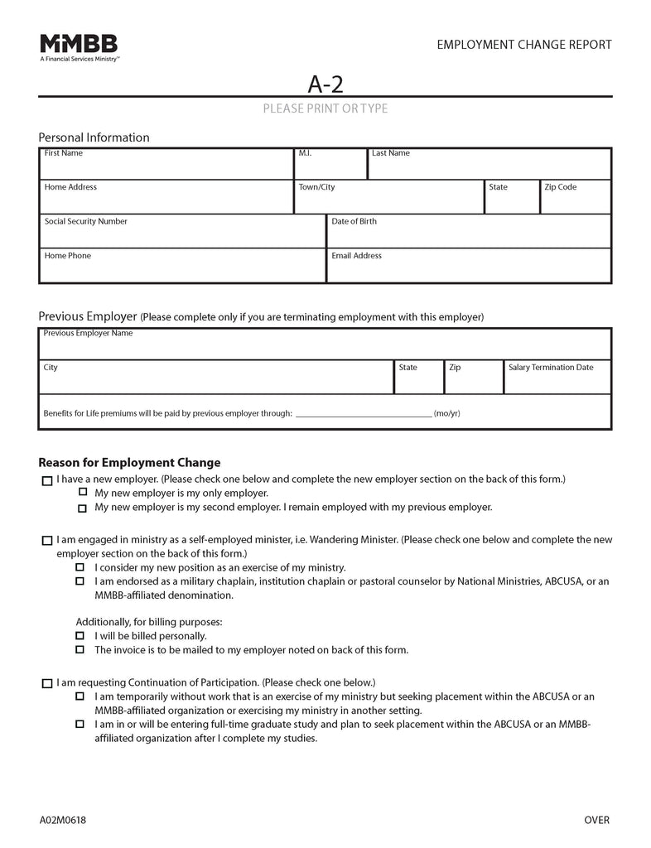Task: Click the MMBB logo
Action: (x=79, y=48)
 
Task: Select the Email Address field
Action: (x=469, y=267)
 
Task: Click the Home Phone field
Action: (x=182, y=267)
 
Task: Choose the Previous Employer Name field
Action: (x=325, y=344)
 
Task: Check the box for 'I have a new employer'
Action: (x=46, y=480)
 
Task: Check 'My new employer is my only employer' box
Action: (x=81, y=494)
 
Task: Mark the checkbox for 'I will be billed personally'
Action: (x=80, y=636)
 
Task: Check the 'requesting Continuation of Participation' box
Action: (x=46, y=684)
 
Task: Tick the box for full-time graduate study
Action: (x=80, y=724)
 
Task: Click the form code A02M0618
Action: (x=62, y=820)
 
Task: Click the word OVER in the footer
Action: (x=596, y=820)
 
